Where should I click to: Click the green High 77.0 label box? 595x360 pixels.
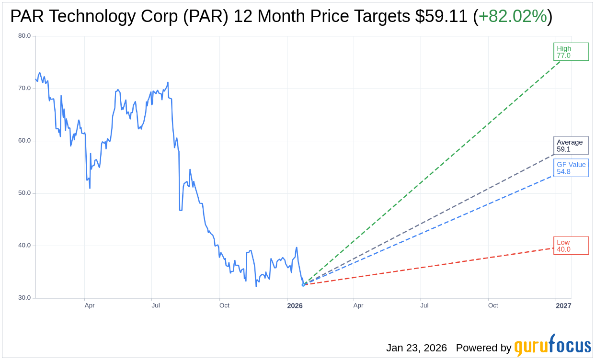tap(571, 52)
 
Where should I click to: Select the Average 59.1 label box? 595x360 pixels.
tap(571, 146)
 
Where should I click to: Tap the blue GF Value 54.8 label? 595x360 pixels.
tap(571, 168)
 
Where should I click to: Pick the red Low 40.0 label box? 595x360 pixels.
tap(571, 246)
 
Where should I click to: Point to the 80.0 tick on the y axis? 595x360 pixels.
tap(24, 36)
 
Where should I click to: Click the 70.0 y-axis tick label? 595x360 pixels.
tap(24, 88)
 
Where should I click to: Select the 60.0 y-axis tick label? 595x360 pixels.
tap(24, 141)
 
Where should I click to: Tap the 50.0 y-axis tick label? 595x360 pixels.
tap(24, 193)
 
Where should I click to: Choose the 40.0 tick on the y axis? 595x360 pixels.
tap(24, 246)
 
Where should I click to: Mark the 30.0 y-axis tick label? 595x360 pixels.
tap(24, 298)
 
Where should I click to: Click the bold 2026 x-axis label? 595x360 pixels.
tap(295, 306)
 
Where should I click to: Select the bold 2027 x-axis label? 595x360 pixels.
tap(563, 306)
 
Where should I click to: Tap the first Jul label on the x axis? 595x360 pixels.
tap(156, 305)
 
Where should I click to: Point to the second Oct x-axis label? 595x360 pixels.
tap(493, 305)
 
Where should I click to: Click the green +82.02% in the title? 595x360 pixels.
tap(513, 16)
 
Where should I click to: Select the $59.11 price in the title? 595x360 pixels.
tap(441, 16)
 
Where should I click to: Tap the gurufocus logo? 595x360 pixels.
tap(552, 346)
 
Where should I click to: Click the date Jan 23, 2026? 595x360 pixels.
tap(416, 348)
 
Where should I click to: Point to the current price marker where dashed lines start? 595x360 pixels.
tap(303, 285)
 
